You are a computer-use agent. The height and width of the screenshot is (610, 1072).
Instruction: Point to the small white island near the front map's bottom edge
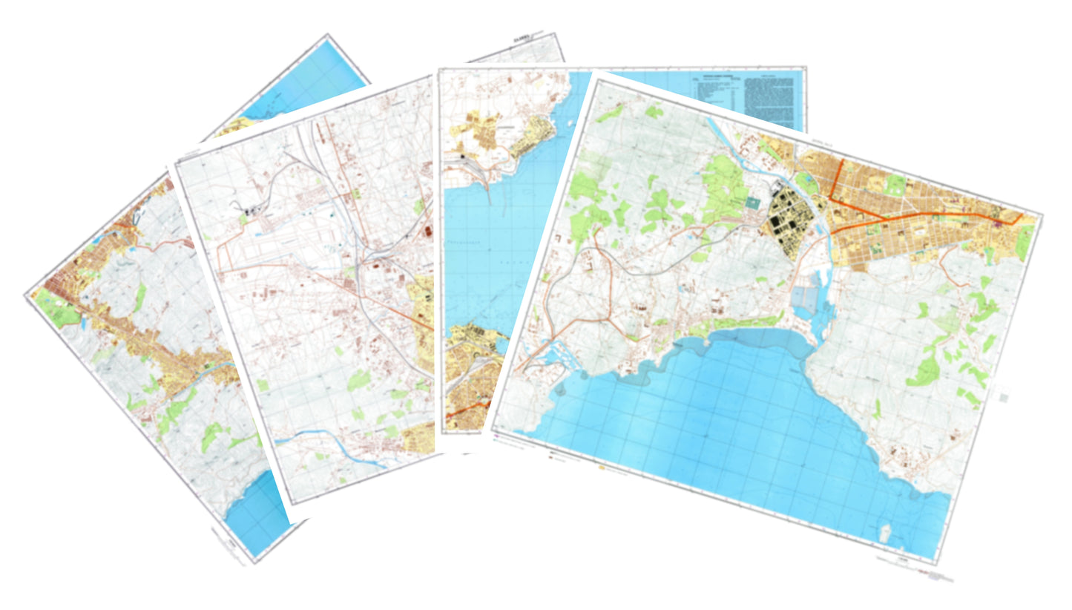884,532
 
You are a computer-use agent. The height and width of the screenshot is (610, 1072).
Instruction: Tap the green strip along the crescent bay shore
734,324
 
